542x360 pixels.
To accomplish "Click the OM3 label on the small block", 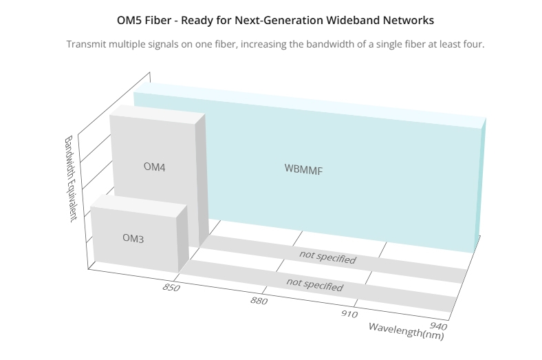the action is (133, 238).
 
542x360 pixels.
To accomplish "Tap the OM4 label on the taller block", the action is (155, 167).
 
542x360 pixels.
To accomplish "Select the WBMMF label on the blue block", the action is (303, 169).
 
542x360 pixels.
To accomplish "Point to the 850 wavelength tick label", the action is (171, 287).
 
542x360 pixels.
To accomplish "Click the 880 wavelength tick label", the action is (259, 301).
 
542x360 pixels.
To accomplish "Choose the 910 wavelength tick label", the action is (349, 314).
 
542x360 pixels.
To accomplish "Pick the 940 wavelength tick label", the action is (438, 326).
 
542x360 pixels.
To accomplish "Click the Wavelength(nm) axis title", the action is (406, 331).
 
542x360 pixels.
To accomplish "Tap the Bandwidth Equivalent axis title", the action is (71, 179).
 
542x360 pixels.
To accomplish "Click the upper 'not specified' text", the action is (327, 257).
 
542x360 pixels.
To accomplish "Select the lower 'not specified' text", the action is (314, 284).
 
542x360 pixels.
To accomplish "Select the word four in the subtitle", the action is (476, 44).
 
